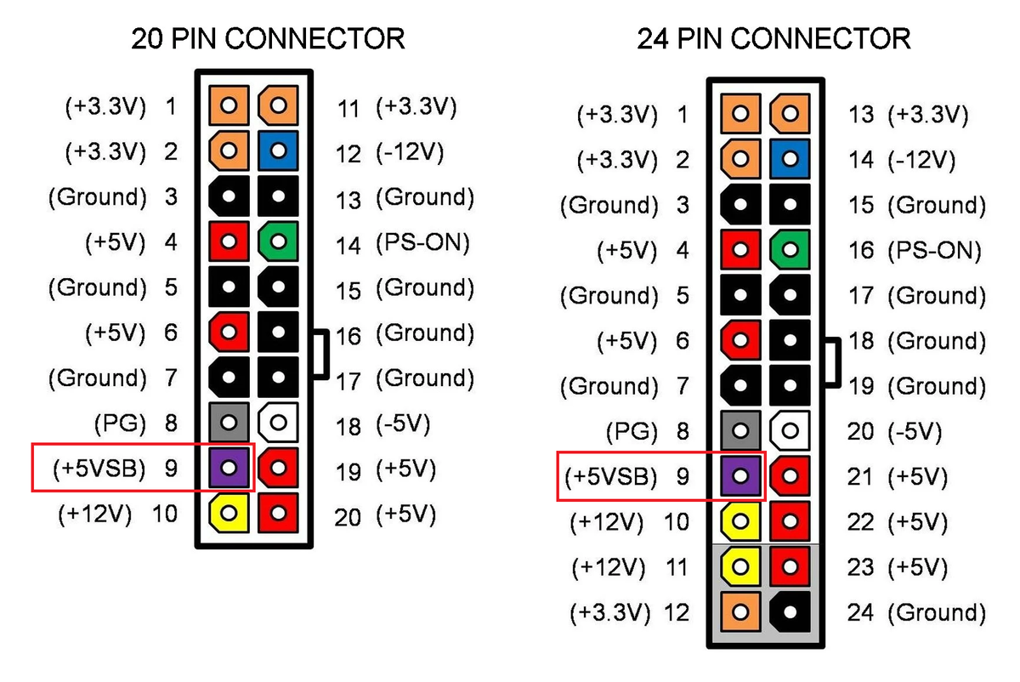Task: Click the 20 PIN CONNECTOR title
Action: tap(267, 38)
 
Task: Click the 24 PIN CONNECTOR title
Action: tap(773, 38)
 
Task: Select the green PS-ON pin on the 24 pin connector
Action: tap(790, 249)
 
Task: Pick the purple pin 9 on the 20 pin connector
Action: tap(229, 467)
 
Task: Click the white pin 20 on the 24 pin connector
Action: tap(790, 430)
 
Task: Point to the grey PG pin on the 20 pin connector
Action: tap(229, 421)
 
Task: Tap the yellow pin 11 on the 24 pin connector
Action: tap(740, 566)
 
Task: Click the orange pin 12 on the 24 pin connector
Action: tap(740, 611)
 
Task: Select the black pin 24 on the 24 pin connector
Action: tap(790, 611)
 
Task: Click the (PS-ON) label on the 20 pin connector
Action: tap(422, 244)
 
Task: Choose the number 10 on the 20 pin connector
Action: tap(164, 514)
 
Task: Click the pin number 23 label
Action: tap(860, 567)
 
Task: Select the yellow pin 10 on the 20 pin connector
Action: tap(229, 512)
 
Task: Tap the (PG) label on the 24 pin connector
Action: tap(632, 431)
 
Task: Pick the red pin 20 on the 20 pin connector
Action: tap(278, 512)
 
